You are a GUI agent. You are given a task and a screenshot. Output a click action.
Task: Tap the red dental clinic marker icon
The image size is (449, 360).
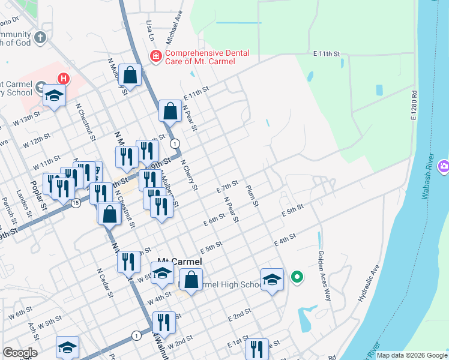point(155,56)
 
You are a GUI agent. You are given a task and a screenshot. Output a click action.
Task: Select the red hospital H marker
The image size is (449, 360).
point(63,78)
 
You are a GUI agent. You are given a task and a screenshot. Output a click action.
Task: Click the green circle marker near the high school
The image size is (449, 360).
point(296,277)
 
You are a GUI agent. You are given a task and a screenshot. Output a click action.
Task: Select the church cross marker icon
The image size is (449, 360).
point(40,38)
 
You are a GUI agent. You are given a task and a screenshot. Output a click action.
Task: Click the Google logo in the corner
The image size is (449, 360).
point(20,353)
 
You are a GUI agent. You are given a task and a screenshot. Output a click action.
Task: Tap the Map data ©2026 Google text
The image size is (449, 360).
point(411,355)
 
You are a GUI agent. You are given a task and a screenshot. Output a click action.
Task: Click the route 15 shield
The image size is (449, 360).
point(75,203)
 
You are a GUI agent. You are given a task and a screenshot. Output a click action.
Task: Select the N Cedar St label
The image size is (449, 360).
point(104,282)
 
